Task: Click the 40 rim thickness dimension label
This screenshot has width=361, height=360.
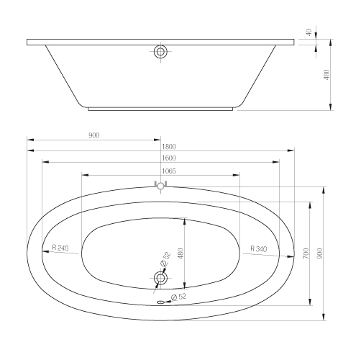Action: click(x=309, y=32)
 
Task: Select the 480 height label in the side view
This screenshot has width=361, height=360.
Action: click(x=326, y=75)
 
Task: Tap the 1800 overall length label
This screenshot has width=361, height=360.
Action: click(x=169, y=146)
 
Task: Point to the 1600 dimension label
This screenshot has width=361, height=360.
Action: click(x=169, y=158)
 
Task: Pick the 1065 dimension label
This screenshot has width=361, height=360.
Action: click(x=169, y=171)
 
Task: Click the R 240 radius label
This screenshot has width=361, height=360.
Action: click(x=60, y=248)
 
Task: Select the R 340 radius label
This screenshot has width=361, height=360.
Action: click(x=259, y=248)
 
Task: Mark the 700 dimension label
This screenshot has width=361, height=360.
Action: click(x=306, y=253)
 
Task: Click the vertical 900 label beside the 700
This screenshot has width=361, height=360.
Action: click(x=320, y=253)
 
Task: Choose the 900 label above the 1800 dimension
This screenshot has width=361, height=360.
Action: click(x=94, y=135)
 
